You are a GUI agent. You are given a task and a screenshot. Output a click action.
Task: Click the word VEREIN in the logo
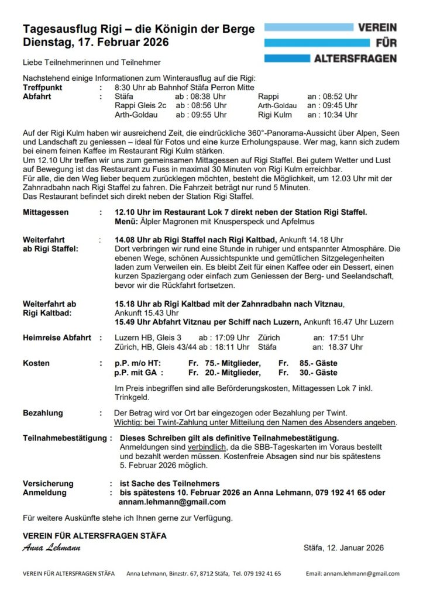pos(377,27)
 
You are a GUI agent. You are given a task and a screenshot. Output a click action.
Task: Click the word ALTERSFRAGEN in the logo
pos(355,58)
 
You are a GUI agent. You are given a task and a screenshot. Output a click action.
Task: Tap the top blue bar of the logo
pos(309,27)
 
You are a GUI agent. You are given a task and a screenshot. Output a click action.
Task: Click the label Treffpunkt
pos(46,87)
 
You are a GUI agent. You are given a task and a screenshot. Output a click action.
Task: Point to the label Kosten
pos(36,363)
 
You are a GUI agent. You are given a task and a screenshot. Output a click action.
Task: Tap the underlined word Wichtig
pos(129,422)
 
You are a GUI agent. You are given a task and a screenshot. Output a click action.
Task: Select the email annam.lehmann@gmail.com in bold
pos(172,502)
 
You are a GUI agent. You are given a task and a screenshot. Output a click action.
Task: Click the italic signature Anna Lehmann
pos(51,548)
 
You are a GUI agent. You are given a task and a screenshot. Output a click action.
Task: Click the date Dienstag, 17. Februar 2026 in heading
pos(95,42)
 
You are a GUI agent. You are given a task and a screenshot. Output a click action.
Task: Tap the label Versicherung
pos(48,483)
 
